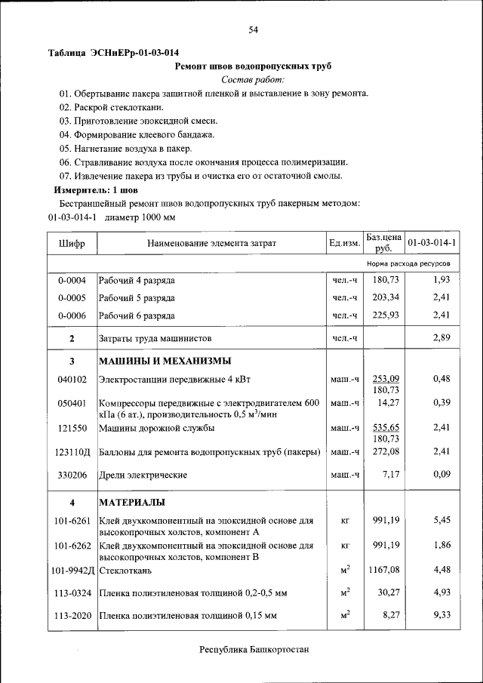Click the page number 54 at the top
tap(253, 29)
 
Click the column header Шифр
tap(72, 243)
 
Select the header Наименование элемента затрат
tap(211, 243)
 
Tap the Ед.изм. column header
tap(344, 243)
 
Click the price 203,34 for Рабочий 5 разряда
tap(385, 297)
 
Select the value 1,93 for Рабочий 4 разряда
tap(441, 281)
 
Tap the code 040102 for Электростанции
tap(72, 379)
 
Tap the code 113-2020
tap(72, 616)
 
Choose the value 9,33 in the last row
tap(441, 616)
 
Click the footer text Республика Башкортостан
tap(254, 650)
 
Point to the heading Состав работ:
tap(253, 79)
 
